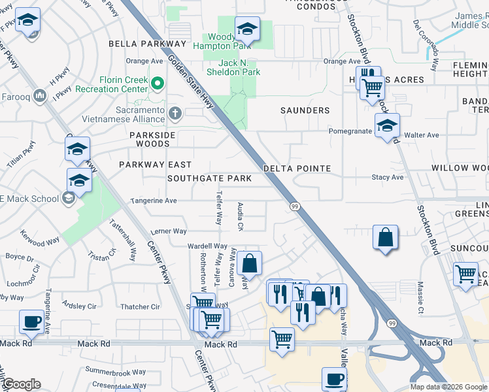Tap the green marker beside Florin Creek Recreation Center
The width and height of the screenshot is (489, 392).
tap(158, 84)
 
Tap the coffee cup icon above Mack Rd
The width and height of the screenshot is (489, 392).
tap(31, 321)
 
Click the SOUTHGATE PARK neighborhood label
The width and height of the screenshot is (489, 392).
tap(209, 178)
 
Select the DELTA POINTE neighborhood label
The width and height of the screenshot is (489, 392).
tap(297, 169)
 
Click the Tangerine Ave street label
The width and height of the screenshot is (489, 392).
tap(154, 201)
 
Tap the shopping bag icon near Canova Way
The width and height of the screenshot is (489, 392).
tap(249, 264)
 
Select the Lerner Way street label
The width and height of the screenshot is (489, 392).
tap(169, 231)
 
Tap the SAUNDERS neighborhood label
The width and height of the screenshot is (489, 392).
tap(305, 110)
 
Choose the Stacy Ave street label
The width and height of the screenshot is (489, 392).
tap(388, 177)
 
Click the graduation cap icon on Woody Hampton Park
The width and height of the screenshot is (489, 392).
tap(247, 29)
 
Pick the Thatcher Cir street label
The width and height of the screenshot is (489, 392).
tap(141, 306)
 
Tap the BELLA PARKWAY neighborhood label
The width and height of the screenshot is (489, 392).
tap(148, 44)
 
